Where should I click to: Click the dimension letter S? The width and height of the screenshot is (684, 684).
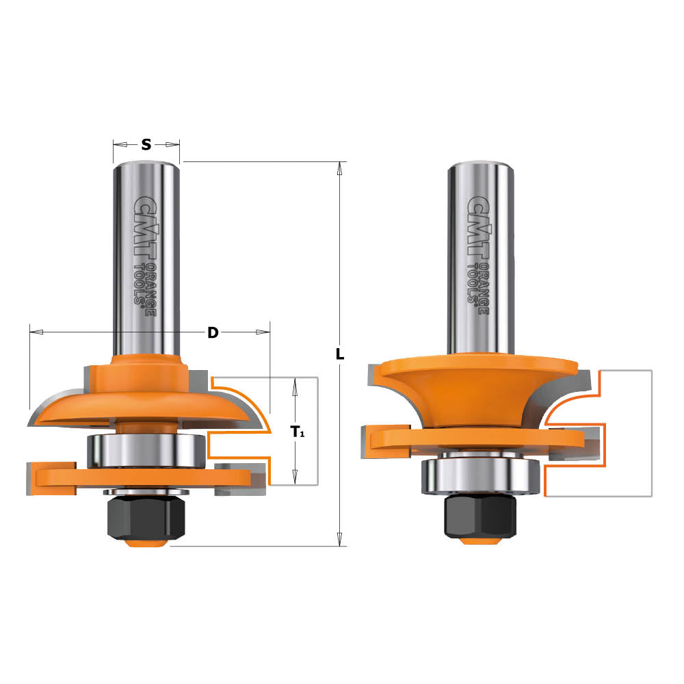click(x=146, y=144)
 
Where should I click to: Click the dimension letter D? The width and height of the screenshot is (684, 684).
click(x=213, y=332)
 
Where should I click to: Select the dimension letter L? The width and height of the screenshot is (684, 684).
click(x=340, y=355)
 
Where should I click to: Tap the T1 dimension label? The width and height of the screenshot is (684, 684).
click(x=298, y=432)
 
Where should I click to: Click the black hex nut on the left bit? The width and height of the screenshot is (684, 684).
click(x=137, y=516)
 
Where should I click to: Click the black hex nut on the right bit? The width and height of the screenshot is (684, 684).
click(x=479, y=514)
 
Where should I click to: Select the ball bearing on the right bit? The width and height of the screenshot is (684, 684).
click(x=479, y=474)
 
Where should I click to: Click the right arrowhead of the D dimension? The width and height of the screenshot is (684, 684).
click(x=263, y=332)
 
